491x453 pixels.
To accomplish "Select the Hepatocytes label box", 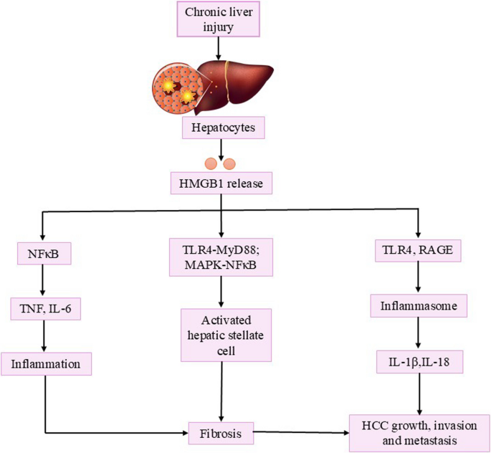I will (x=224, y=130).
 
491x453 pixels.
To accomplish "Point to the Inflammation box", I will (x=46, y=363).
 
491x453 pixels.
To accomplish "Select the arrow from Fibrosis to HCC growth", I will (x=302, y=433).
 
